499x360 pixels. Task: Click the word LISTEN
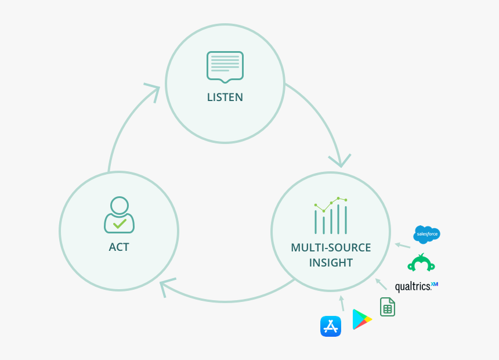pos(225,98)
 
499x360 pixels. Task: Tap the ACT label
pos(119,247)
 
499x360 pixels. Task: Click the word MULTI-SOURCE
pos(331,248)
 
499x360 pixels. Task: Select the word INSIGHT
pos(331,263)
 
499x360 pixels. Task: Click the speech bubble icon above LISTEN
pos(225,66)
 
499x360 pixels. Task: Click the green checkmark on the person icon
pos(120,223)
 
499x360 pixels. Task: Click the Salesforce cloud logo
pos(426,234)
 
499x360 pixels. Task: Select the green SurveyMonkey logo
pos(421,263)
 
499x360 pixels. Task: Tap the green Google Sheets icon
pos(388,307)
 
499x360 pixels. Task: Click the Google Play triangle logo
pos(361,319)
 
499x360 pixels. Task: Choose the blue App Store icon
pos(331,326)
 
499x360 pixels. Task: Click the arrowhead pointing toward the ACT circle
pos(168,286)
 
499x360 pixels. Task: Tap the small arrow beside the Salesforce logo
pos(402,245)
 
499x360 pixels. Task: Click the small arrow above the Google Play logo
pos(342,303)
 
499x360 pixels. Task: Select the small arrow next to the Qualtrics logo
pos(381,283)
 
